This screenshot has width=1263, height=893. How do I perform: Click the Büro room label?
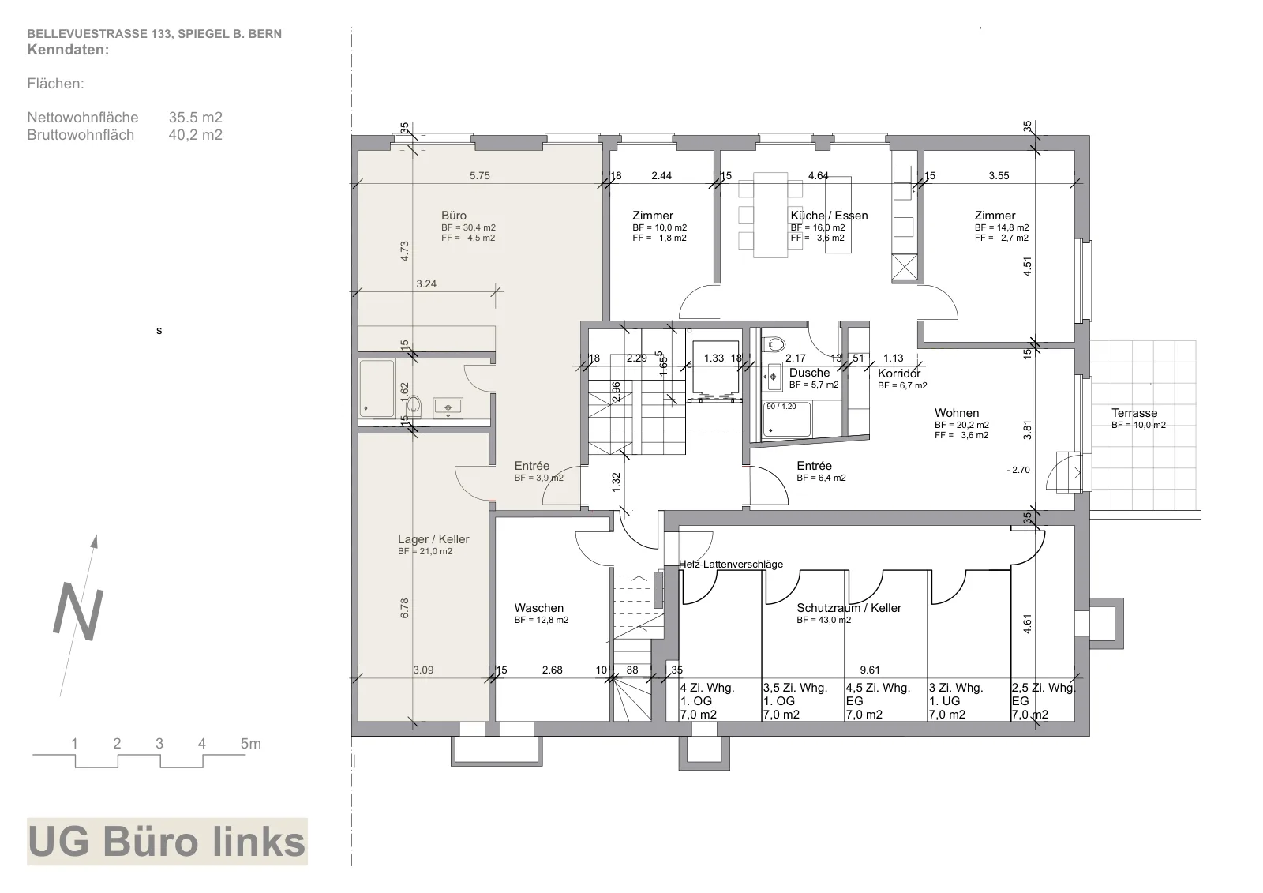click(x=454, y=216)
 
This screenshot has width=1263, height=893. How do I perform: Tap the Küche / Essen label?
click(x=829, y=216)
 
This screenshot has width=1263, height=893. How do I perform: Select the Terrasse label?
click(x=1134, y=413)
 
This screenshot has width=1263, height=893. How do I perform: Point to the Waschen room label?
click(x=538, y=608)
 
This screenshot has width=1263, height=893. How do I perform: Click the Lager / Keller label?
click(x=433, y=539)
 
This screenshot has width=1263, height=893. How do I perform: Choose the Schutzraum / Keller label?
click(x=849, y=608)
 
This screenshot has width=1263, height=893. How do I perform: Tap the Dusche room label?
click(x=810, y=373)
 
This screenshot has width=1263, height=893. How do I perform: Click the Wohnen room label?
click(x=957, y=413)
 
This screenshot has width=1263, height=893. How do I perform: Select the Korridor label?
click(x=899, y=373)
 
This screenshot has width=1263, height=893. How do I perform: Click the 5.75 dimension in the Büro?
click(x=480, y=176)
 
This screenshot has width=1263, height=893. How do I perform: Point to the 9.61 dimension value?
click(x=870, y=670)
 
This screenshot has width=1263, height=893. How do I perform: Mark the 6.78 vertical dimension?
click(x=404, y=608)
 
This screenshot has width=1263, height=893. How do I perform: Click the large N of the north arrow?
click(x=78, y=613)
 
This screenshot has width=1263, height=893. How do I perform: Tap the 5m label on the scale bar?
click(x=251, y=744)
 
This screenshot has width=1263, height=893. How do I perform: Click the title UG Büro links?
click(x=167, y=842)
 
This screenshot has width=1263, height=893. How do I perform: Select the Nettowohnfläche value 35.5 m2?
click(x=196, y=118)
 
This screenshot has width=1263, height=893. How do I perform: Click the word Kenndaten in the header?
click(x=68, y=50)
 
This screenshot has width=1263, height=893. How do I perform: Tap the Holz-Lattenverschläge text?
click(x=731, y=564)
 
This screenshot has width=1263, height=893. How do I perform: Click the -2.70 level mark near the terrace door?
click(x=1018, y=470)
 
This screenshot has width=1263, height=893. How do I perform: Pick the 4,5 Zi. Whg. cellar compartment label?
click(x=878, y=689)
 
